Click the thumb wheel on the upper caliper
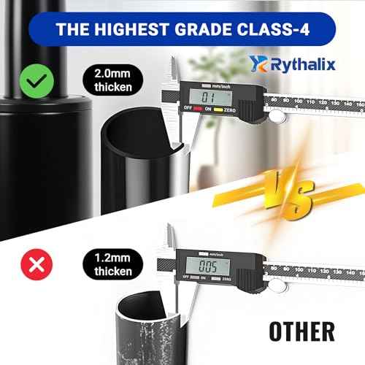pyautogui.click(x=276, y=116)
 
